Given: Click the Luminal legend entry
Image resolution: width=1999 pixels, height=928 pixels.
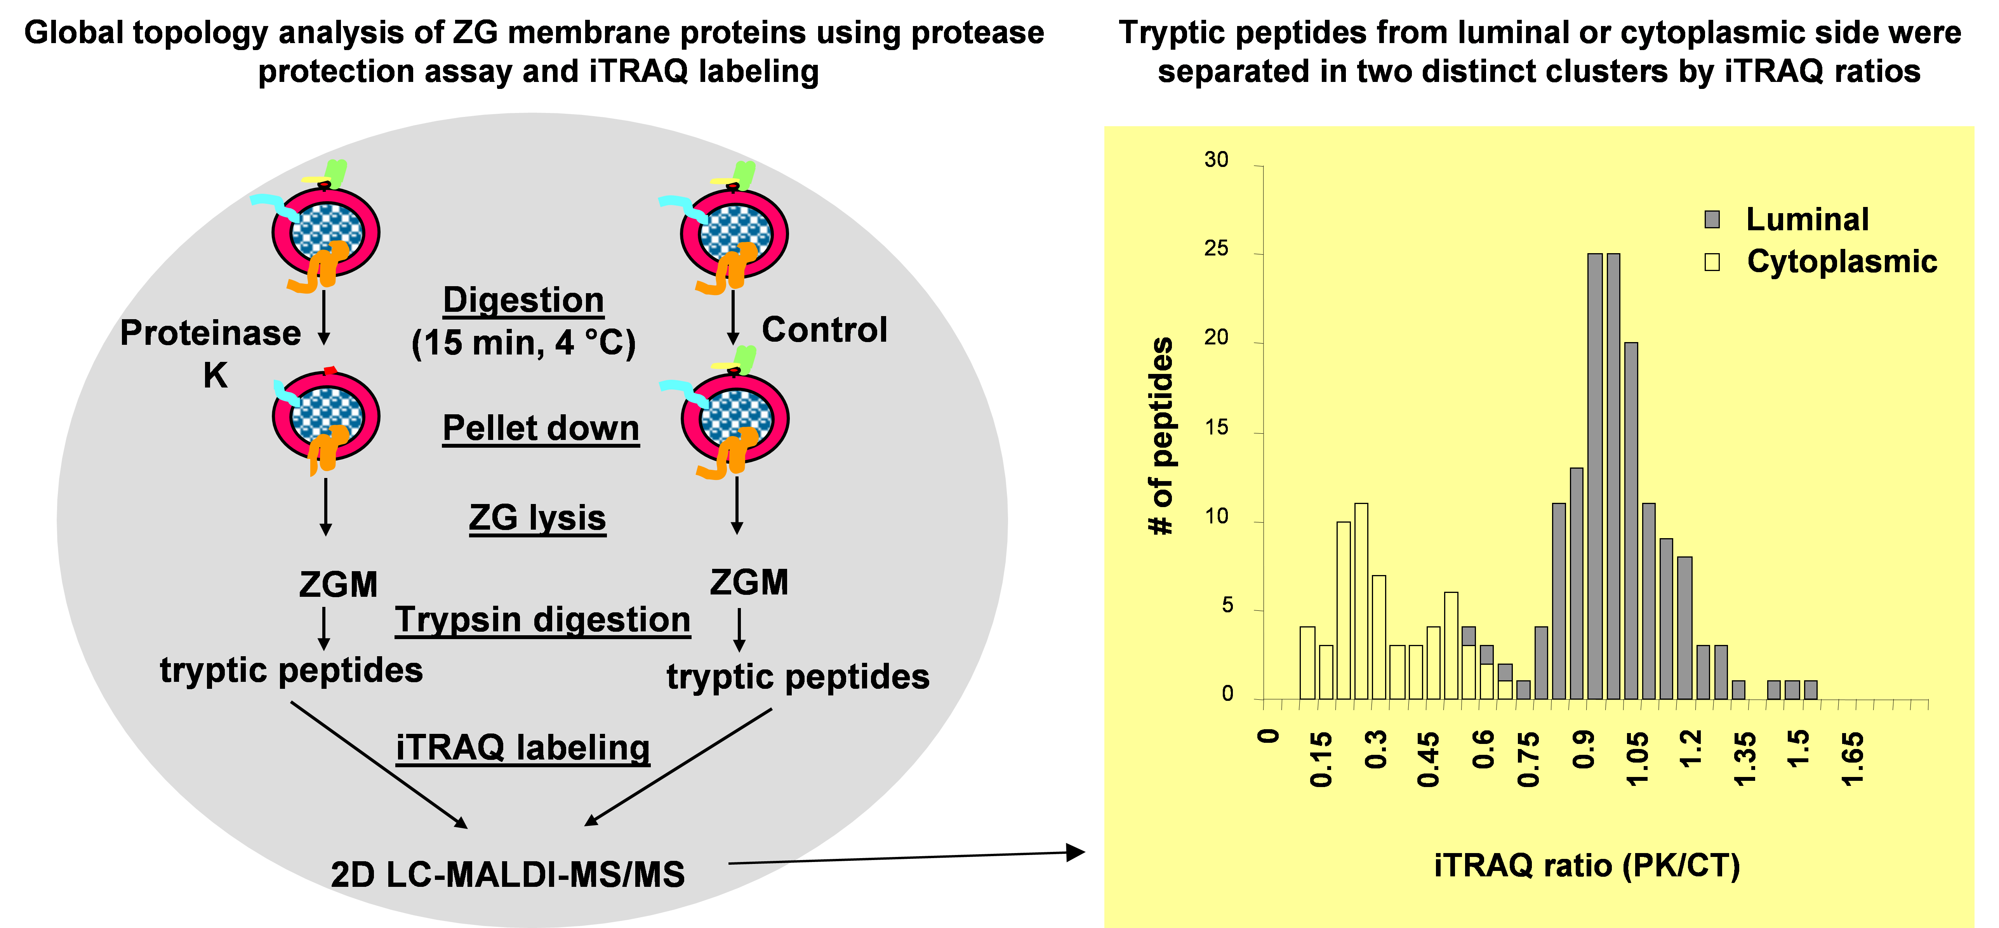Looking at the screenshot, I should [1806, 220].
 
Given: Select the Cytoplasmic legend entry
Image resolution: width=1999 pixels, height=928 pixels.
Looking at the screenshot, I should [1841, 261].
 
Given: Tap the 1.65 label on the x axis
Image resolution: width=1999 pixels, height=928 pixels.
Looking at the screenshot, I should [1852, 758].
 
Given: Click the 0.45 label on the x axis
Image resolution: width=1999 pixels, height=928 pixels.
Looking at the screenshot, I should [1428, 758].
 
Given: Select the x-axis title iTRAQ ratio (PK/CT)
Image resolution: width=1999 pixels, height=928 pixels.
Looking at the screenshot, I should [1587, 865].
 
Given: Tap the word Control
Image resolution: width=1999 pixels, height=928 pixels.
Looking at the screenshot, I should [824, 330].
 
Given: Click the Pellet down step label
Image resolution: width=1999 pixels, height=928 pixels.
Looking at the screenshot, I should [541, 428].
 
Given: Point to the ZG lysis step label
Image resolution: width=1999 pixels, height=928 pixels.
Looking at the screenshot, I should [537, 518].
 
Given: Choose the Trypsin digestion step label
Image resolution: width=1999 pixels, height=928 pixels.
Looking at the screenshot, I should [542, 620].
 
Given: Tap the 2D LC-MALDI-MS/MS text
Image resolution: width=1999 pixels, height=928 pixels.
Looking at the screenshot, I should [508, 874].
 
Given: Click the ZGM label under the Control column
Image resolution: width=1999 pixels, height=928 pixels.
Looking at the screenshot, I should [749, 582].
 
